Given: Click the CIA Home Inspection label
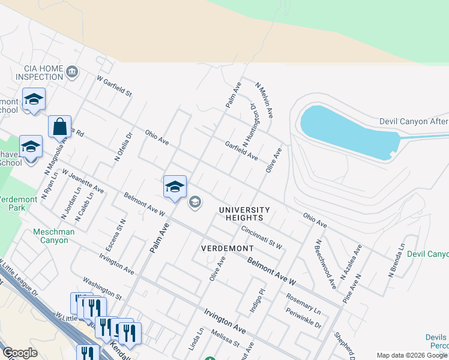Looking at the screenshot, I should click(x=40, y=73).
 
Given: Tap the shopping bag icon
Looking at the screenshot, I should click(x=59, y=127).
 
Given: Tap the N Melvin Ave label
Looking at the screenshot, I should click(x=265, y=100).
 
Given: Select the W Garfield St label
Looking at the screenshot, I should click(x=114, y=86).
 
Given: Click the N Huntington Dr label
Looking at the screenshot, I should click(x=250, y=124).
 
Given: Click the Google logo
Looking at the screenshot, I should click(x=20, y=353).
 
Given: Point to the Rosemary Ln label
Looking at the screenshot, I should click(x=304, y=305).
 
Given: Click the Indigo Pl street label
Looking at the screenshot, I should click(x=258, y=301).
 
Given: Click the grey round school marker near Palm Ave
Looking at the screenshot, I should click(x=194, y=202).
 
